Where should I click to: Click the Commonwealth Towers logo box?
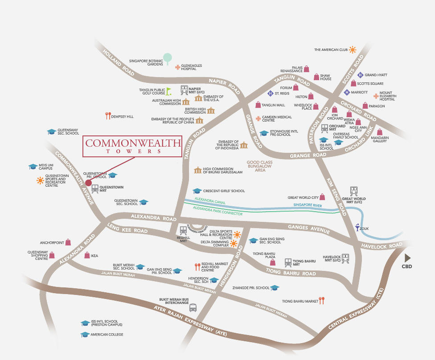coord(132,146)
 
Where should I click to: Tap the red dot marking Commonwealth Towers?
coord(88,183)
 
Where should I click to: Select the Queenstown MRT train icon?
coord(95,188)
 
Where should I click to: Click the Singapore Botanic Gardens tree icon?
coord(167,58)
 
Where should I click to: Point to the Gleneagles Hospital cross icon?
coord(177,67)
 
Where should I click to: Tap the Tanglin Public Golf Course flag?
coord(169,91)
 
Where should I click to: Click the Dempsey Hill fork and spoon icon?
coord(107,116)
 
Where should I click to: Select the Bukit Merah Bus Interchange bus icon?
coord(193,307)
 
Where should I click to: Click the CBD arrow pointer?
coord(407,258)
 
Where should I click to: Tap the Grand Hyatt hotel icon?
coord(361,75)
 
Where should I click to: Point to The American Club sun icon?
coord(353,49)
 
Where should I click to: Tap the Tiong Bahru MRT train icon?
coord(288,262)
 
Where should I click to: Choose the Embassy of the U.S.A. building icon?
coord(198,98)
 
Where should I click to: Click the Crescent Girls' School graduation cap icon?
coord(197,191)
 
